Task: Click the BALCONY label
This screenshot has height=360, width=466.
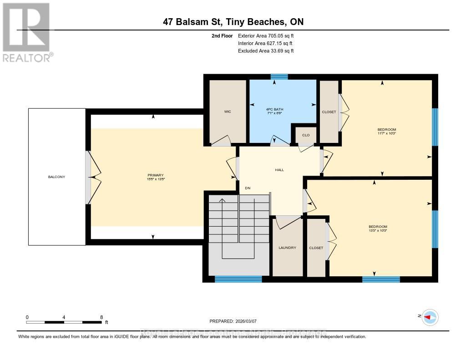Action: click(x=57, y=177)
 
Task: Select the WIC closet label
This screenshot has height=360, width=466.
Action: click(x=228, y=112)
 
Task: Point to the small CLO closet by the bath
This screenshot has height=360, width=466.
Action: click(x=306, y=135)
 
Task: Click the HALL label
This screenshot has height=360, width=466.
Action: click(x=279, y=170)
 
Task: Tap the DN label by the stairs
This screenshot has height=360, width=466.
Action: click(x=248, y=188)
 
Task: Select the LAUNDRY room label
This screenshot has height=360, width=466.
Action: click(x=287, y=248)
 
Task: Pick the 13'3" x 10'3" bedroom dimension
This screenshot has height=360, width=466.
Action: click(x=378, y=231)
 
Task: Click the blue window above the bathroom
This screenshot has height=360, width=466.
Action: click(x=279, y=76)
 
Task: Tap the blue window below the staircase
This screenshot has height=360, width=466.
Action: click(x=238, y=279)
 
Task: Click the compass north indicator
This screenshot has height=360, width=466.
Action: click(x=430, y=317)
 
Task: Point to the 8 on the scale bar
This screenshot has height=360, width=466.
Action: click(x=101, y=317)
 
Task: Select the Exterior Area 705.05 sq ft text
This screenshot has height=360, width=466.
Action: click(x=268, y=35)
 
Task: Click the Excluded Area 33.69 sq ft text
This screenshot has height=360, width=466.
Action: click(x=266, y=51)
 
